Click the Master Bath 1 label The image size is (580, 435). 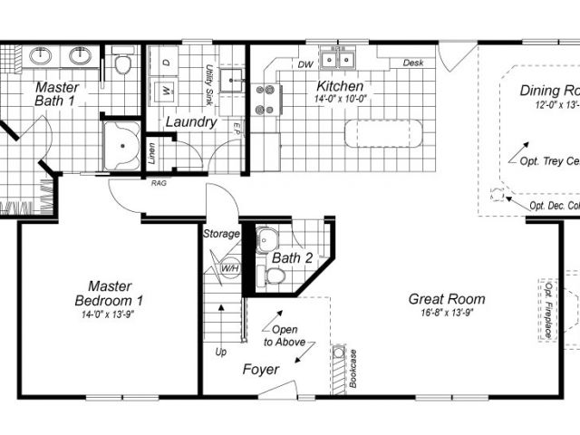(x=56, y=95)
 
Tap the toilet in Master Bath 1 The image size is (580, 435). (x=123, y=63)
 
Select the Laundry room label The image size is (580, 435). (x=190, y=121)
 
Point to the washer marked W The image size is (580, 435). (x=167, y=91)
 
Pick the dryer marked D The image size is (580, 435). (x=167, y=62)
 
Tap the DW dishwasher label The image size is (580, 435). (x=305, y=64)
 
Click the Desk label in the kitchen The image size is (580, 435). (x=413, y=63)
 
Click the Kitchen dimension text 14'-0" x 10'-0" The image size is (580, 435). (x=340, y=100)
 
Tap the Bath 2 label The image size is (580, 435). (x=292, y=258)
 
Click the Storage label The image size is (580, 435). (x=221, y=234)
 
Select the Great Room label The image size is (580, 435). (x=447, y=299)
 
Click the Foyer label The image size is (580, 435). (x=260, y=370)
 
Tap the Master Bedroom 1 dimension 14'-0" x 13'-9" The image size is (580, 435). (x=110, y=314)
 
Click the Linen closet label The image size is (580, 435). (x=150, y=155)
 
